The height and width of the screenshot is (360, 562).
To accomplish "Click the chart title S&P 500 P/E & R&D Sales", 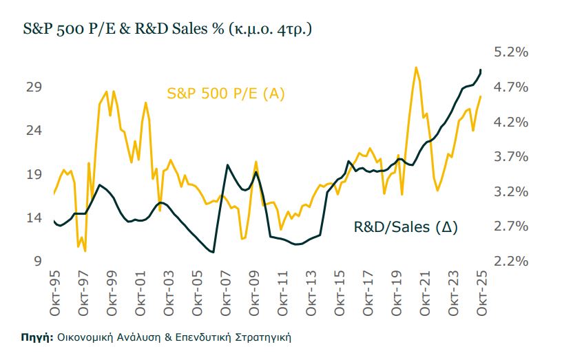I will (x=165, y=31).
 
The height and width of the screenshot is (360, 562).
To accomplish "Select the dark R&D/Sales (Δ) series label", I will (x=406, y=226).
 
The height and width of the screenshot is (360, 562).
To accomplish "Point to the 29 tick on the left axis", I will (x=34, y=87).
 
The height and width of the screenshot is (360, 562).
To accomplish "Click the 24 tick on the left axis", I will (x=34, y=131).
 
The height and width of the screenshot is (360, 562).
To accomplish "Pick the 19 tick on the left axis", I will (x=34, y=175).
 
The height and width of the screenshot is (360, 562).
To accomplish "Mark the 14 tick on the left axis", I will (x=34, y=218).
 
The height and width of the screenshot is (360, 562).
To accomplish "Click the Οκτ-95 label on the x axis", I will (x=54, y=292).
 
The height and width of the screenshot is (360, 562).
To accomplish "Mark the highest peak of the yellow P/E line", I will (x=416, y=67).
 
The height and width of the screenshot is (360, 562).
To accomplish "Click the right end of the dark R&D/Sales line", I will (x=481, y=70).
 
